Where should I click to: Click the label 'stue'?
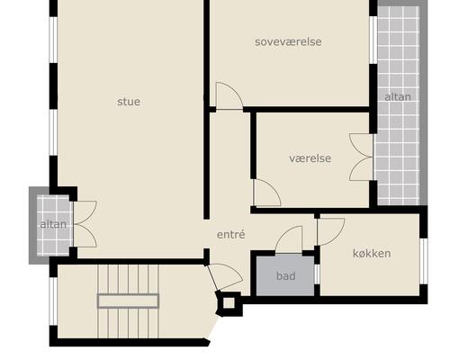[x=129, y=102]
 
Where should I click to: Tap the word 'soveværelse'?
[x=288, y=41]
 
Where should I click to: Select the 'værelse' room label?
[x=310, y=158]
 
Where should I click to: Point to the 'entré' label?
[x=231, y=234]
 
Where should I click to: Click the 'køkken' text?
[x=372, y=254]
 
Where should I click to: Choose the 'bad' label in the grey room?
[x=286, y=275]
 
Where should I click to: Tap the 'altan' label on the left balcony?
[x=53, y=224]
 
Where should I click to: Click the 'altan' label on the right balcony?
[x=398, y=97]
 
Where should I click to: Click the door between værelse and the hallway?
[x=267, y=193]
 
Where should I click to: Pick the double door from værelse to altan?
[x=362, y=157]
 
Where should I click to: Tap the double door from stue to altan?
[x=85, y=224]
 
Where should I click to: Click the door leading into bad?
[x=289, y=239]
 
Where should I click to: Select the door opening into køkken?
[x=331, y=232]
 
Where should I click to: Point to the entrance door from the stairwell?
[x=224, y=277]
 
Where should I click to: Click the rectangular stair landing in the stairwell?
[x=128, y=301]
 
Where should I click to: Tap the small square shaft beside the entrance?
[x=229, y=303]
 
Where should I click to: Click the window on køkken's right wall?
[x=424, y=261]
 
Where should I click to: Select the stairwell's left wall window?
[x=53, y=301]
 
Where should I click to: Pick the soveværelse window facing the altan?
[x=373, y=40]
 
